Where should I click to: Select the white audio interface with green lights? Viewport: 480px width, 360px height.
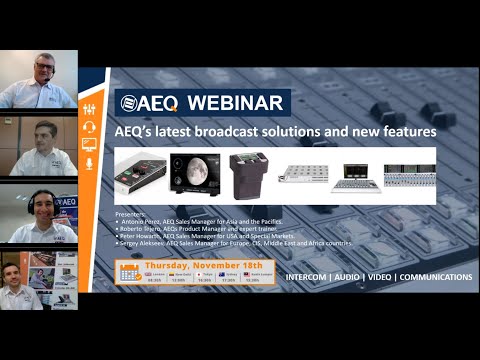click(x=139, y=173)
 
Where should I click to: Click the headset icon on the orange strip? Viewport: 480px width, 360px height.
click(x=89, y=127)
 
